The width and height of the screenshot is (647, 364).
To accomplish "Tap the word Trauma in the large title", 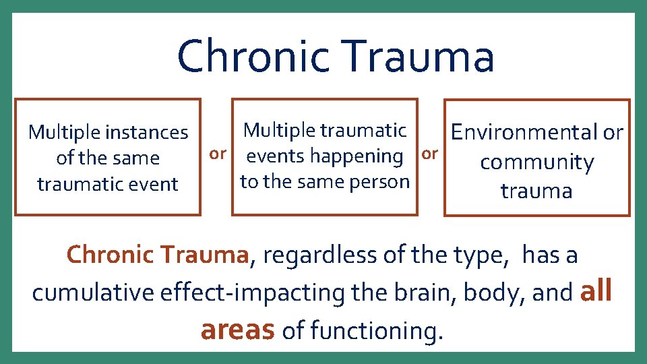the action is pos(419,57).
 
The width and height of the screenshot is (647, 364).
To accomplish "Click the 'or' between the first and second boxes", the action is pos(217,154).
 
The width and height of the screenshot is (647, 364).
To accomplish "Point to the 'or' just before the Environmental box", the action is pos(430,154).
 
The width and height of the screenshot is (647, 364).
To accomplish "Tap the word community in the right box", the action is pos(536,162).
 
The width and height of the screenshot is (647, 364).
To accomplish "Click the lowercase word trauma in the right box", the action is pos(536,191).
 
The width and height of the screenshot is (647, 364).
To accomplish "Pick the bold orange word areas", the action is pos(237,330).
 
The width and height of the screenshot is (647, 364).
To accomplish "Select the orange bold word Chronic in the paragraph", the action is pos(111,255).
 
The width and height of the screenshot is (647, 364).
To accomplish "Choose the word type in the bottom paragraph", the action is pos(491,256).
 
